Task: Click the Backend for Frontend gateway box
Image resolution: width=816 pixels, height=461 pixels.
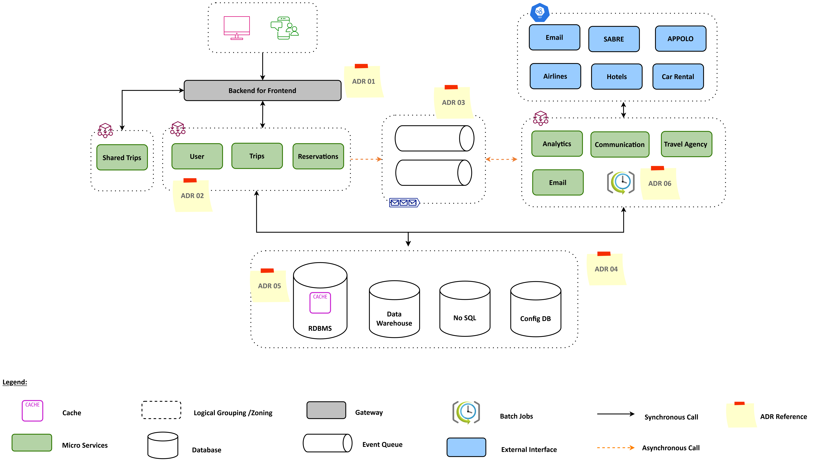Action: (262, 91)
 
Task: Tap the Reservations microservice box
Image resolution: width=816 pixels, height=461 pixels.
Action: (318, 156)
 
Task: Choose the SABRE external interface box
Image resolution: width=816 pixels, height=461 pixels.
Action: (614, 39)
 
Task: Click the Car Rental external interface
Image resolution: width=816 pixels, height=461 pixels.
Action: (678, 77)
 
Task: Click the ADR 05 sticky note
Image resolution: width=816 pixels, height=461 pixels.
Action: (269, 286)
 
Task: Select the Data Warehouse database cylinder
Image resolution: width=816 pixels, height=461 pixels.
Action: (394, 309)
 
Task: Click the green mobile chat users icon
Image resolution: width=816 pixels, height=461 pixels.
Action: (284, 28)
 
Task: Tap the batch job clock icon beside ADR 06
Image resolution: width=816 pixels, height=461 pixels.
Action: (621, 182)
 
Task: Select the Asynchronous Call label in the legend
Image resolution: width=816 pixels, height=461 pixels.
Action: (671, 448)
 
